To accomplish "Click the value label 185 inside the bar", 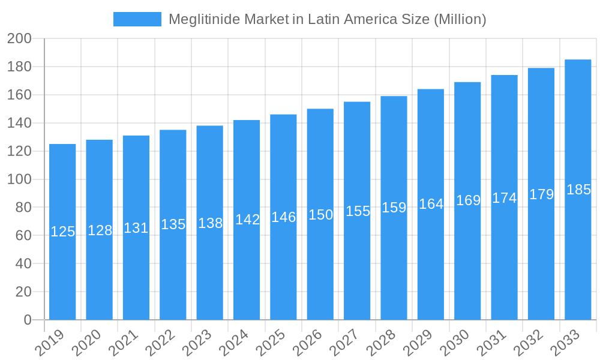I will pyautogui.click(x=578, y=190).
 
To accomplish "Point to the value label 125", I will pyautogui.click(x=62, y=232).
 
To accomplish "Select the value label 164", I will pyautogui.click(x=431, y=204).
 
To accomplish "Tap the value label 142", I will pyautogui.click(x=247, y=220).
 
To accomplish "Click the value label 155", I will pyautogui.click(x=358, y=211).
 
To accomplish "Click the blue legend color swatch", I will pyautogui.click(x=137, y=19).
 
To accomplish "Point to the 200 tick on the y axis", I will pyautogui.click(x=19, y=39).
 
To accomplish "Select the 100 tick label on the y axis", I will pyautogui.click(x=19, y=179).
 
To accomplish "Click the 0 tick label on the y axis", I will pyautogui.click(x=28, y=320).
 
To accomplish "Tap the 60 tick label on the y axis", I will pyautogui.click(x=23, y=236).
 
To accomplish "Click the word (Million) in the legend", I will pyautogui.click(x=460, y=19).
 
